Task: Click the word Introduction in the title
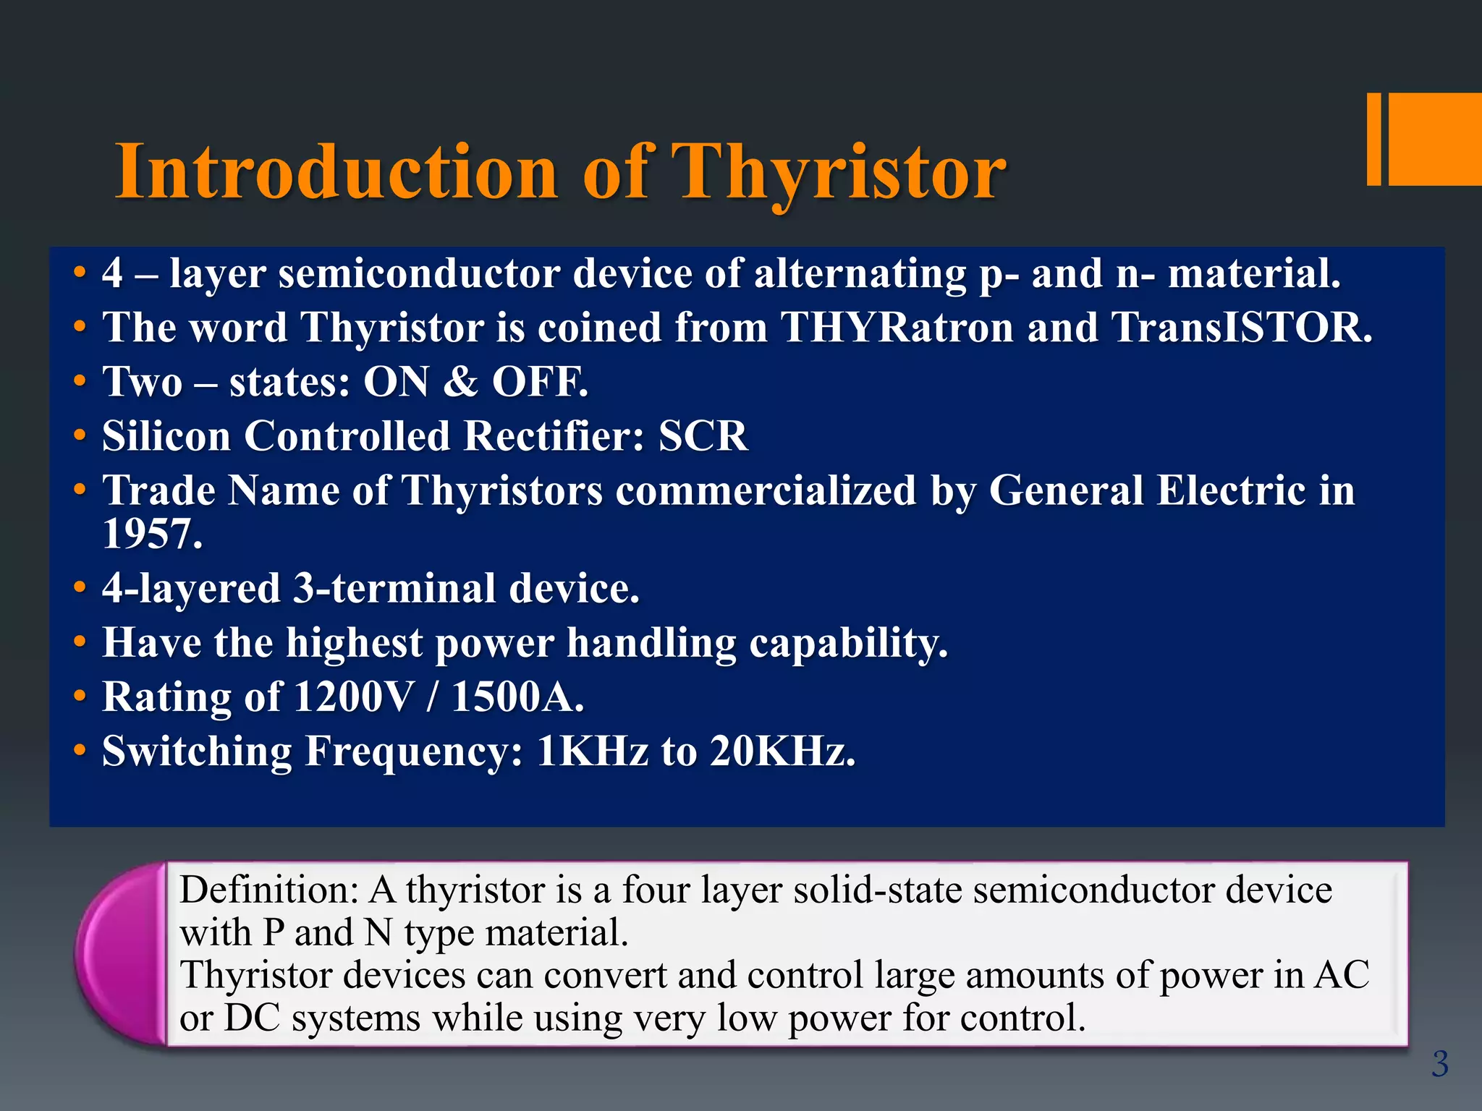[x=336, y=172]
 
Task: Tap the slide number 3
[x=1440, y=1064]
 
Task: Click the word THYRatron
[x=897, y=328]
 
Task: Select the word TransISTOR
[x=1240, y=328]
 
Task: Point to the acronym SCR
[x=703, y=436]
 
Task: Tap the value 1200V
[x=354, y=697]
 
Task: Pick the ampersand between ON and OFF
[x=460, y=382]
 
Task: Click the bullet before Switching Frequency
[x=80, y=752]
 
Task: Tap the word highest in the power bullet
[x=354, y=643]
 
